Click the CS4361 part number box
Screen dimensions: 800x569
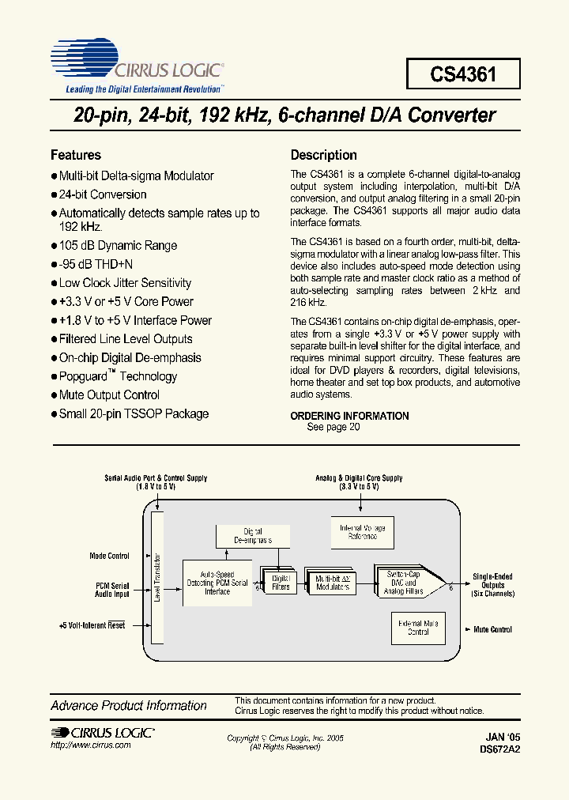pyautogui.click(x=463, y=74)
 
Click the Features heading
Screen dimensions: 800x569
pyautogui.click(x=76, y=155)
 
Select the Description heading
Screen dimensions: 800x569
pyautogui.click(x=324, y=155)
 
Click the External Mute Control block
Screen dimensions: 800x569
pyautogui.click(x=418, y=628)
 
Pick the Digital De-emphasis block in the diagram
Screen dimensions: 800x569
pyautogui.click(x=253, y=535)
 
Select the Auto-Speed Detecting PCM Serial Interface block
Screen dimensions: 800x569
pyautogui.click(x=217, y=583)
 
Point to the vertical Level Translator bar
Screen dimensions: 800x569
pyautogui.click(x=156, y=577)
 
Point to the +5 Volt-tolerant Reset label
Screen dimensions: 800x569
pyautogui.click(x=92, y=625)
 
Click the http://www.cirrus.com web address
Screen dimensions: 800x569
pyautogui.click(x=85, y=745)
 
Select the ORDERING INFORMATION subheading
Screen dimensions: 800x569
pyautogui.click(x=349, y=416)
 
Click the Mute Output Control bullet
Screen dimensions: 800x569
pyautogui.click(x=109, y=395)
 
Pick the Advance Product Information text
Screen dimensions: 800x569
pyautogui.click(x=129, y=705)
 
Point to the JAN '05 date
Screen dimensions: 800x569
pyautogui.click(x=503, y=735)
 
